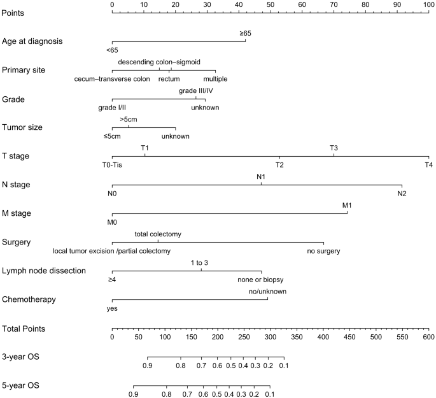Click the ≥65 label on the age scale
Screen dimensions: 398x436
coord(245,33)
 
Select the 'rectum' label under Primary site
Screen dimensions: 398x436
coord(169,79)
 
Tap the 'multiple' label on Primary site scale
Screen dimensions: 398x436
coord(215,79)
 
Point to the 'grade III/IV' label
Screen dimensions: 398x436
coord(196,90)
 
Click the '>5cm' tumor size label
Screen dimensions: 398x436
coord(129,119)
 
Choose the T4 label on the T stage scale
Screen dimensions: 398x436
coord(428,165)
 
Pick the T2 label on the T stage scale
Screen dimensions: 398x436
coord(279,165)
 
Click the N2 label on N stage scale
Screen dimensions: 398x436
coord(402,194)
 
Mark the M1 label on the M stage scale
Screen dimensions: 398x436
coord(347,205)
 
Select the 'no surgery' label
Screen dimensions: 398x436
coord(323,251)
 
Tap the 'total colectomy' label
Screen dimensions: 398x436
coord(158,234)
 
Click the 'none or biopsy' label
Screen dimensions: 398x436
coord(261,280)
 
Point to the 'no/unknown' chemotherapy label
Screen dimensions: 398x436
coord(267,292)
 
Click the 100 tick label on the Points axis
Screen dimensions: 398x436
coord(428,5)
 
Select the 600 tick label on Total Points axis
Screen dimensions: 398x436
coord(428,338)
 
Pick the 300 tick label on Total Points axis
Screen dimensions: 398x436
coord(270,338)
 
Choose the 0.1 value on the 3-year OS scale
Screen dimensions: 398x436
coord(284,366)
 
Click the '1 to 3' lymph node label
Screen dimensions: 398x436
coord(199,263)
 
